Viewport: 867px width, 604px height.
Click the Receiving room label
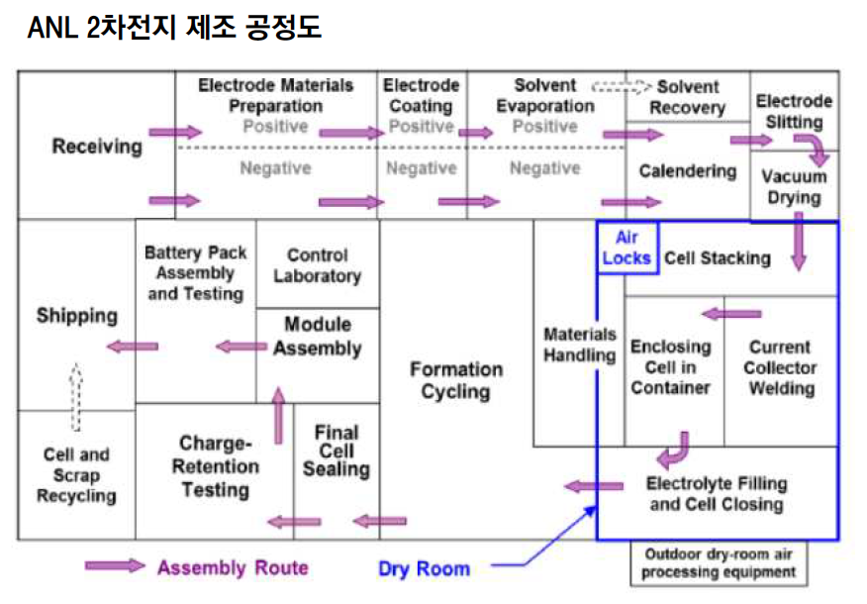[97, 147]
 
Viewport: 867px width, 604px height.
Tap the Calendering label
[687, 171]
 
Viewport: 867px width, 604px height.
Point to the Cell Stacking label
[717, 258]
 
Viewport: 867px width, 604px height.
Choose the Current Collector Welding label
[781, 367]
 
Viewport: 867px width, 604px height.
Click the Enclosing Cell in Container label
[670, 366]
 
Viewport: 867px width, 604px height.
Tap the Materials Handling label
[579, 345]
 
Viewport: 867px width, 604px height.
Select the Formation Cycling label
[455, 379]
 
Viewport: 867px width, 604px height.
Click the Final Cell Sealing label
[336, 451]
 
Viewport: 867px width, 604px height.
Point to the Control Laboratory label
[317, 265]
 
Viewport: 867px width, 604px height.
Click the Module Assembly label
[317, 336]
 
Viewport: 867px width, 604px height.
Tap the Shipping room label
[77, 316]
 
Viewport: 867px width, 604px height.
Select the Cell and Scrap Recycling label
[76, 475]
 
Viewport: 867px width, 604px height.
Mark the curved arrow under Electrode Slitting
[816, 150]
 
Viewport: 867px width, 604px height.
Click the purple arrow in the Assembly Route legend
[114, 566]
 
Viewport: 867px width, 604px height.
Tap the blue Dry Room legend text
[424, 568]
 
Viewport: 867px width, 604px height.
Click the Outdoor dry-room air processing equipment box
[719, 563]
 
